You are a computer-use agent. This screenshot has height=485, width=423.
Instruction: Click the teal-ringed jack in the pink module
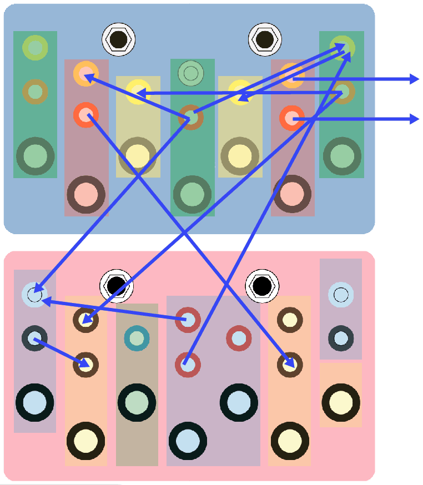[137, 338]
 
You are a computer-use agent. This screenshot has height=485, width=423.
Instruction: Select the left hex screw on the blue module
[119, 39]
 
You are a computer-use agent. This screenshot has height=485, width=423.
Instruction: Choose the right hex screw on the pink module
[262, 286]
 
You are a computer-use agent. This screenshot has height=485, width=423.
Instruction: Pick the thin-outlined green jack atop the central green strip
[190, 73]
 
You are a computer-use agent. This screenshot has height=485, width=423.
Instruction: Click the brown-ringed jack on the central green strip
[190, 117]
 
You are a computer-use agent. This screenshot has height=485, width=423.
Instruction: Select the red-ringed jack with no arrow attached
[239, 338]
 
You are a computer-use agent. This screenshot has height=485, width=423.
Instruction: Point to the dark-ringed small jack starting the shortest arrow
[34, 338]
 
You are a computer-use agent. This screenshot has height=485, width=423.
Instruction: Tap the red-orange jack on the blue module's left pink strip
[85, 115]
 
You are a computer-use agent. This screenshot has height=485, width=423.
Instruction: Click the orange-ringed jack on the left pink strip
[85, 73]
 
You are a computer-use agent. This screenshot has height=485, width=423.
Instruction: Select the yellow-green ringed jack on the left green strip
[35, 48]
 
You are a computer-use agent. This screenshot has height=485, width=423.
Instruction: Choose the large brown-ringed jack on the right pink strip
[292, 194]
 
